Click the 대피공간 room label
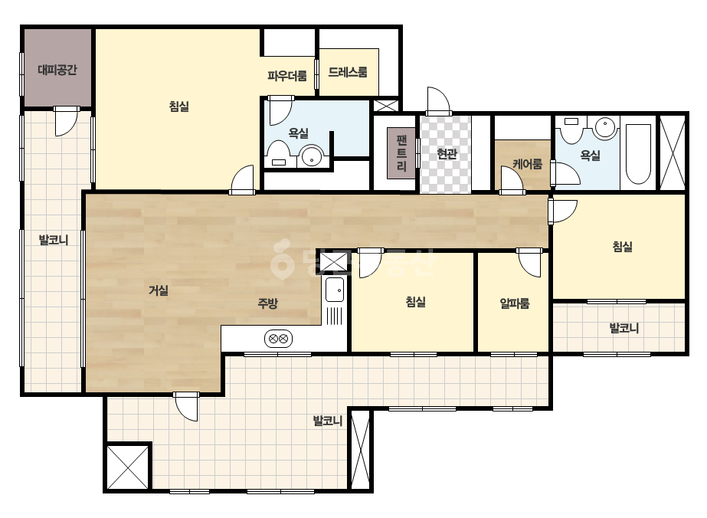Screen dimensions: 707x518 click(x=57, y=70)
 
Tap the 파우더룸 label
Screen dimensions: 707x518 click(x=286, y=75)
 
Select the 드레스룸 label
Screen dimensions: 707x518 click(x=348, y=72)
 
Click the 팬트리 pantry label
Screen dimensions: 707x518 click(x=401, y=152)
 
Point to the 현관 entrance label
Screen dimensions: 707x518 click(x=447, y=154)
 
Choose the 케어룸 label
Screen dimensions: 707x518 click(x=527, y=164)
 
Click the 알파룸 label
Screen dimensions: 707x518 click(x=515, y=303)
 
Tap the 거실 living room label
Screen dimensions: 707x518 click(x=159, y=290)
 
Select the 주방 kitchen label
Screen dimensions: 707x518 click(x=267, y=303)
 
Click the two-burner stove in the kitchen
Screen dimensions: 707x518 click(x=278, y=339)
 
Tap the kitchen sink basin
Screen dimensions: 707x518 click(x=335, y=290)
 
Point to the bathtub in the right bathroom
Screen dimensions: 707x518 click(x=638, y=154)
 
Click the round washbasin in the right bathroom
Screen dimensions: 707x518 click(x=604, y=127)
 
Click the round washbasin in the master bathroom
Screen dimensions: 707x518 click(x=312, y=156)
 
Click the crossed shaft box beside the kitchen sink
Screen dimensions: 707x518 click(x=334, y=262)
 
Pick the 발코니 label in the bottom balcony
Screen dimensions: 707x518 click(x=328, y=421)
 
